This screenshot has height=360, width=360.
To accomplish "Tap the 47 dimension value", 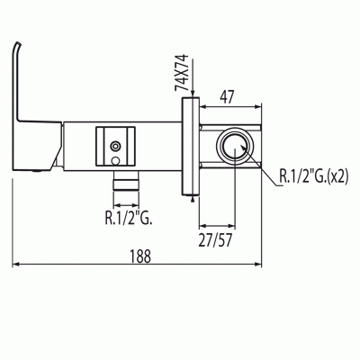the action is coord(227,96).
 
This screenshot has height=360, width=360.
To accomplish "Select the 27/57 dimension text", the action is coord(215,240).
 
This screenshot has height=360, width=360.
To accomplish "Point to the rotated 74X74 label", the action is coord(182,73).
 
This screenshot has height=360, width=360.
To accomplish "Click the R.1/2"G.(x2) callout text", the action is coord(314,176).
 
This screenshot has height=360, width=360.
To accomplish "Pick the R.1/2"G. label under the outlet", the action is coord(129,218).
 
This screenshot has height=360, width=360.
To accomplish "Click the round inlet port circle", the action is coord(235,146).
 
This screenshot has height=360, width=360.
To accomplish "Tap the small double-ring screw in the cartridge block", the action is coord(115,146).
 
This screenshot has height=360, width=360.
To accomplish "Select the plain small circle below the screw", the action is coord(115,160).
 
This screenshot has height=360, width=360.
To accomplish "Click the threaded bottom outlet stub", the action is coord(126,181).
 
